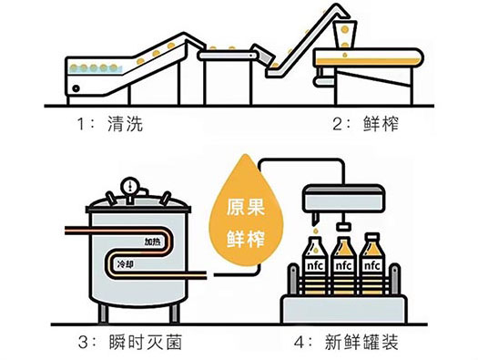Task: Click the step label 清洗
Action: pyautogui.click(x=126, y=124)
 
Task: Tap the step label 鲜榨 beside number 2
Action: pyautogui.click(x=381, y=124)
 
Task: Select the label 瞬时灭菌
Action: pyautogui.click(x=146, y=343)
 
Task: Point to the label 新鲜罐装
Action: pyautogui.click(x=361, y=343)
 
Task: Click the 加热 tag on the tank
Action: pyautogui.click(x=153, y=242)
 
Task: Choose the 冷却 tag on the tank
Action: pyautogui.click(x=126, y=264)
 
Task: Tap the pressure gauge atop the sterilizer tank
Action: pyautogui.click(x=130, y=185)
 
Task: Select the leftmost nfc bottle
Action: pyautogui.click(x=315, y=264)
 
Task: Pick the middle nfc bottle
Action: pyautogui.click(x=343, y=265)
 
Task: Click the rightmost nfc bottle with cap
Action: pyautogui.click(x=372, y=263)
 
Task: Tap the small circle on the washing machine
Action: pyautogui.click(x=76, y=88)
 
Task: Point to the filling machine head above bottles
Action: pyautogui.click(x=343, y=198)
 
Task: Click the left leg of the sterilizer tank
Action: pyautogui.click(x=103, y=313)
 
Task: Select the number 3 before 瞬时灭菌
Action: pyautogui.click(x=83, y=343)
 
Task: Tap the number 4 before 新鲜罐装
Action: pyautogui.click(x=300, y=343)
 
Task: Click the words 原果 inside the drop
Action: pyautogui.click(x=246, y=208)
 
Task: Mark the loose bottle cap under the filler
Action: pyautogui.click(x=343, y=227)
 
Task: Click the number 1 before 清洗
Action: pyautogui.click(x=81, y=124)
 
